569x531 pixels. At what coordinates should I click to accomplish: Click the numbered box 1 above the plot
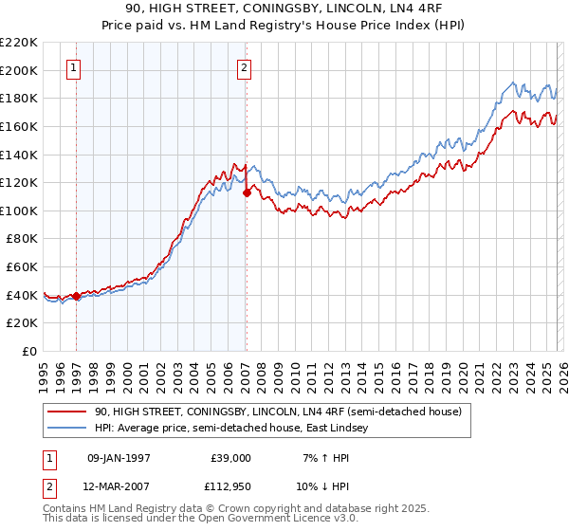click(x=74, y=67)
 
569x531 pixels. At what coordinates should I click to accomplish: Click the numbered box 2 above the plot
click(x=245, y=67)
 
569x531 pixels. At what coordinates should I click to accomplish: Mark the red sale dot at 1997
click(x=77, y=297)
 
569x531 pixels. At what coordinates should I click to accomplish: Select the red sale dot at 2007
click(x=247, y=192)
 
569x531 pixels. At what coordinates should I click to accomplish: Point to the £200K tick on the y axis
click(x=20, y=70)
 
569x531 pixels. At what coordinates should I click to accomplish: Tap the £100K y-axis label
click(x=20, y=211)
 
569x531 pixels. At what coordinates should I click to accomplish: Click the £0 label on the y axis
click(x=28, y=351)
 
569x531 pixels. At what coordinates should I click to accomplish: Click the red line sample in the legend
click(x=67, y=412)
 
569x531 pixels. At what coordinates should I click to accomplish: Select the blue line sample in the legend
click(x=67, y=429)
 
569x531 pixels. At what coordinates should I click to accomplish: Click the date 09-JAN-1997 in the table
click(x=119, y=458)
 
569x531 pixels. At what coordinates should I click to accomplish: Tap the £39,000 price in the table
click(x=229, y=458)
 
